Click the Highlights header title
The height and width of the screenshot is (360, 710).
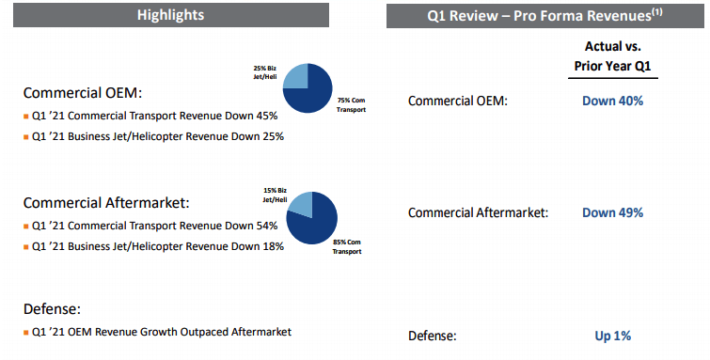171,15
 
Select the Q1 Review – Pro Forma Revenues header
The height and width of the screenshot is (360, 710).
544,15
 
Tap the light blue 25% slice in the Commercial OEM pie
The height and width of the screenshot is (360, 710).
296,76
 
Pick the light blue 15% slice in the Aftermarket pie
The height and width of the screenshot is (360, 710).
301,204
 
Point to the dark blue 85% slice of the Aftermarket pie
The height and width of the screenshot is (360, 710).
315,224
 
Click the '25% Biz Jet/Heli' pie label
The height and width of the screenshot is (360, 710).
265,72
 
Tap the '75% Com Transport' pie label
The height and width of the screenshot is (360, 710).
351,105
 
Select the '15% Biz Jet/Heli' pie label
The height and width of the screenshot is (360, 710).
275,196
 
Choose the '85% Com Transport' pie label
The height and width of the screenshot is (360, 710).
347,247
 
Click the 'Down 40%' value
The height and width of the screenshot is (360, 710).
612,101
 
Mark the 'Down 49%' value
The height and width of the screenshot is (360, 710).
612,212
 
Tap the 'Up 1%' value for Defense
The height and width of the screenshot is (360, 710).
612,336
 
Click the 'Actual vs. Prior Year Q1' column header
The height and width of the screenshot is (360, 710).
612,56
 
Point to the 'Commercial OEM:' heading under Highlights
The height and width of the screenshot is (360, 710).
83,93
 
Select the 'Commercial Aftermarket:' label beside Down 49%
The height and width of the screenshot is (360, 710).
478,212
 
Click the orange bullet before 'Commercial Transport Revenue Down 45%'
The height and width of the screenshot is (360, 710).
25,117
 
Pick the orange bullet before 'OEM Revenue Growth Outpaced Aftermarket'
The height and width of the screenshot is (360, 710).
25,333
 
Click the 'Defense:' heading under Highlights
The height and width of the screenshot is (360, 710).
52,309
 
